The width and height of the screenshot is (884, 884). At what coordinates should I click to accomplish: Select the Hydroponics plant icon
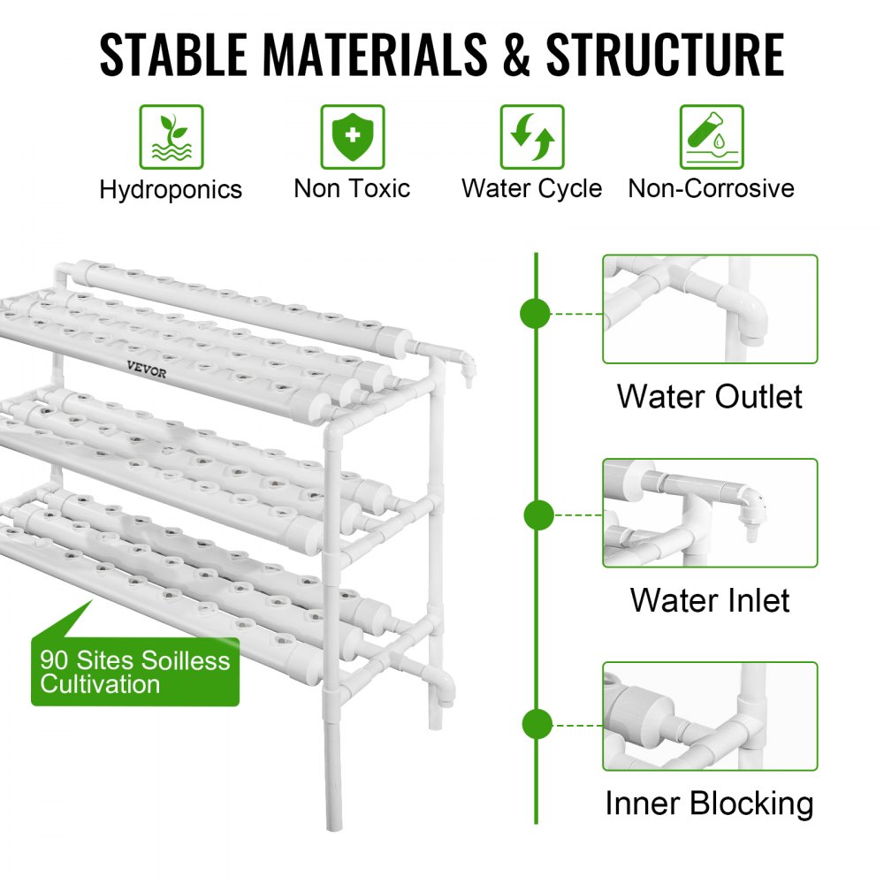(171, 137)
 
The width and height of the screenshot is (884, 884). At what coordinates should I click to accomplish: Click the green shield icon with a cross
(352, 137)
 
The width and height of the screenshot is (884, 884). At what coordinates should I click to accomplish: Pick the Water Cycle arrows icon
(532, 137)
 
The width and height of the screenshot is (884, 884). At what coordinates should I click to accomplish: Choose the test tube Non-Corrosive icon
(711, 137)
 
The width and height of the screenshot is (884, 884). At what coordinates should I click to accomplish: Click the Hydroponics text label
(171, 189)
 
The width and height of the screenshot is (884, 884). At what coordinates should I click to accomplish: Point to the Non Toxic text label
(352, 188)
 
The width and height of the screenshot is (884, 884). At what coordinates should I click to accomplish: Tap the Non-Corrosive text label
(711, 188)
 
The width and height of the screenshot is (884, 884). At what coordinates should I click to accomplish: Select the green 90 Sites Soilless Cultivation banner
(134, 672)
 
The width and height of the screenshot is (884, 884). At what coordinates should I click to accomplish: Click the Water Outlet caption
(710, 396)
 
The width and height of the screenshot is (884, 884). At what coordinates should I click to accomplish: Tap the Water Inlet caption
(710, 600)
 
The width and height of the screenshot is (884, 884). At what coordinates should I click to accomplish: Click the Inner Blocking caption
(710, 804)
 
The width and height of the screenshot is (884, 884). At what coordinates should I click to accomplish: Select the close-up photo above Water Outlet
(710, 309)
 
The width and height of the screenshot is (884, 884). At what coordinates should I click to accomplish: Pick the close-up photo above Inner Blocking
(710, 716)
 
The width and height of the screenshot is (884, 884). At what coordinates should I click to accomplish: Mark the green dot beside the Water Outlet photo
(536, 313)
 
